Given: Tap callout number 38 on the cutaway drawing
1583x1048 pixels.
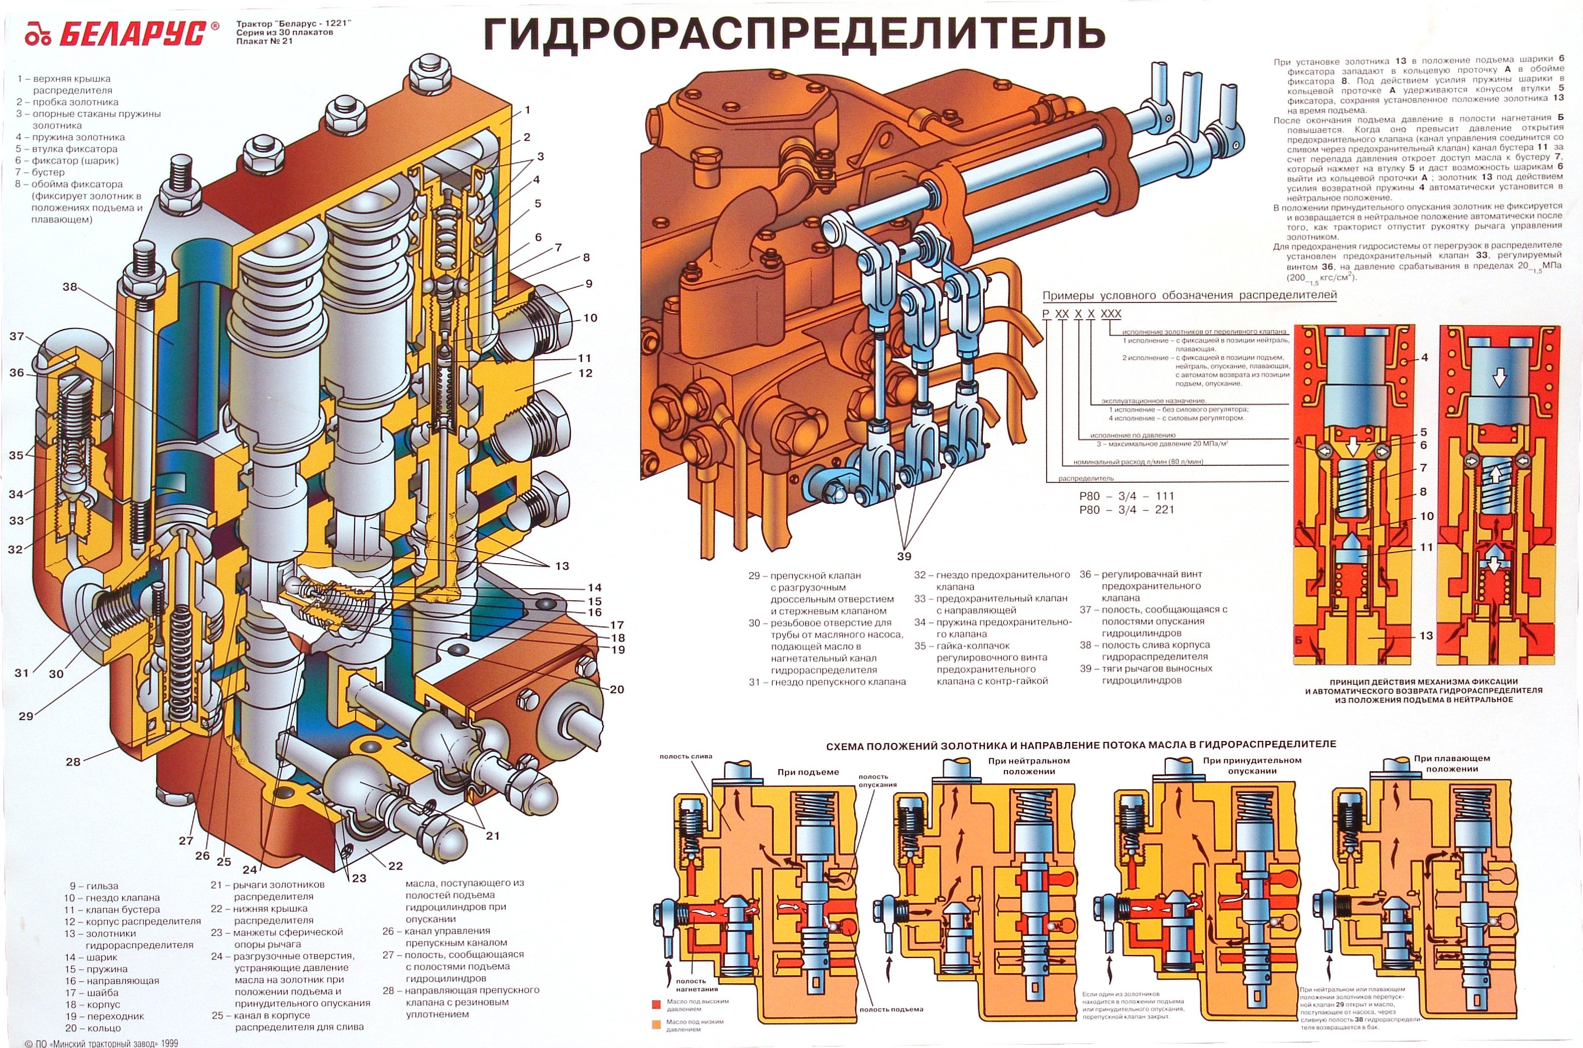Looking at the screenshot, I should click(x=70, y=287).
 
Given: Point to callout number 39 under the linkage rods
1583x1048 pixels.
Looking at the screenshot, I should click(x=903, y=556).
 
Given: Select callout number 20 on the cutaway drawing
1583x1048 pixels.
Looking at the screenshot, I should click(x=617, y=689).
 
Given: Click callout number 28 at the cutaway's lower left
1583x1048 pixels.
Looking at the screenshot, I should click(x=73, y=761).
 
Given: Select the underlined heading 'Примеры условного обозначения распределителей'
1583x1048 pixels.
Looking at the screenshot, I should click(x=1190, y=295).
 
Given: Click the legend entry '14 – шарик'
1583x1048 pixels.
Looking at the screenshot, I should click(x=91, y=957).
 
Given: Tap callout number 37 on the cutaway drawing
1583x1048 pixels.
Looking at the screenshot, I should click(x=17, y=336).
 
